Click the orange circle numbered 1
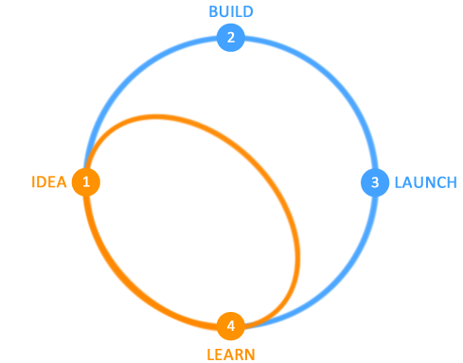(86, 181)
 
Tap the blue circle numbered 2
(231, 38)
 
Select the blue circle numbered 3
(375, 182)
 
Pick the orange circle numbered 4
(231, 326)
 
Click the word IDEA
(49, 182)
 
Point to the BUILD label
(231, 11)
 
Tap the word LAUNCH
(426, 182)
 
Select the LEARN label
(231, 354)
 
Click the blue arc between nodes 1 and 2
(128, 80)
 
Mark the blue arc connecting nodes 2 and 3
(333, 80)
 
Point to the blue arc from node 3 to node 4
(333, 285)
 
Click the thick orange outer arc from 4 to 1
(128, 284)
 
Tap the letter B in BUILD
(213, 11)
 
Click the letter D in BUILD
(248, 11)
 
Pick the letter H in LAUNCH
(452, 182)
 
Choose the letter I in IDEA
(33, 182)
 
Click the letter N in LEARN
(249, 354)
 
